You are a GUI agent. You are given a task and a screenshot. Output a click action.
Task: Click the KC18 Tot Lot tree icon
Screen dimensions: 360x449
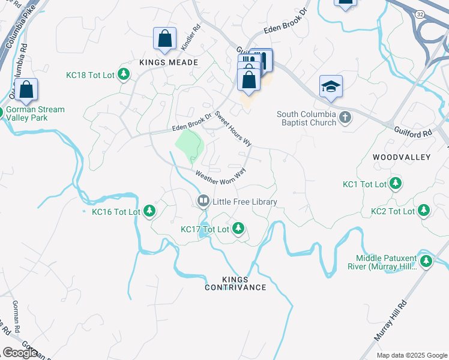(x=124, y=74)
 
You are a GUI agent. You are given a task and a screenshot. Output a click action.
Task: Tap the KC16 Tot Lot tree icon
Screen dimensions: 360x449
(x=149, y=211)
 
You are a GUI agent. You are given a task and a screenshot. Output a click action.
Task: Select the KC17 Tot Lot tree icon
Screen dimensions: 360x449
(x=238, y=229)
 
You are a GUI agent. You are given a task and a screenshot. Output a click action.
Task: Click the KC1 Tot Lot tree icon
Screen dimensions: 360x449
(x=396, y=184)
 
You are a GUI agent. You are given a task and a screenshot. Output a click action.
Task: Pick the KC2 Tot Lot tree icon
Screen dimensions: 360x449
(x=424, y=211)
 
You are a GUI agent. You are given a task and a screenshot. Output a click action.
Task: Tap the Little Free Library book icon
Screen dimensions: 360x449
(x=203, y=202)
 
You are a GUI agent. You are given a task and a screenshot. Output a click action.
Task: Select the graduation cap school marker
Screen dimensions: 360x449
(x=331, y=87)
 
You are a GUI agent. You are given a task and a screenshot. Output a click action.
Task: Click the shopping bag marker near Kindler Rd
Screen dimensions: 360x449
(x=164, y=40)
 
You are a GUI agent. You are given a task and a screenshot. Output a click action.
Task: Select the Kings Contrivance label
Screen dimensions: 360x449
(x=235, y=283)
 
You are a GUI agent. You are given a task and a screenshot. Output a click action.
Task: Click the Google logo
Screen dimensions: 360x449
(x=20, y=353)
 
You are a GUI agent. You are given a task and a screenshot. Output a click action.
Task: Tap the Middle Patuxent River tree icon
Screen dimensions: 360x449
(x=426, y=261)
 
